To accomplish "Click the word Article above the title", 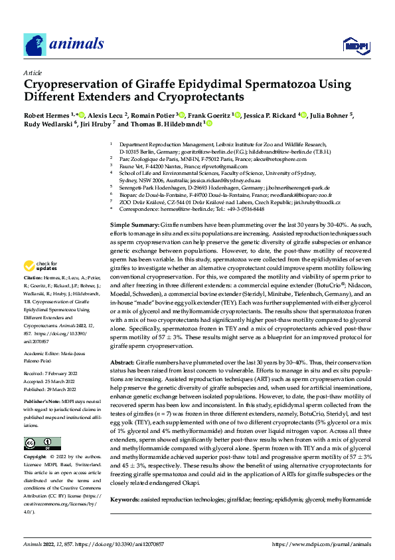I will click(x=33, y=72).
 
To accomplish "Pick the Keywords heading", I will click(x=125, y=499).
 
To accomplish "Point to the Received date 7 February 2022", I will click(x=55, y=374).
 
